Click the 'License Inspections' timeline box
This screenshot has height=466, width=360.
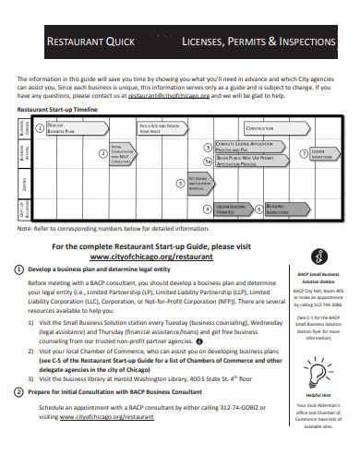[323, 154]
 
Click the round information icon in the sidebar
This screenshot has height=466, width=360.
[318, 257]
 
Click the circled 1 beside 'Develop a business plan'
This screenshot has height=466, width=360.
[20, 269]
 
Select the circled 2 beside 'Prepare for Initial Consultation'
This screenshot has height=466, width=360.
[20, 392]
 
